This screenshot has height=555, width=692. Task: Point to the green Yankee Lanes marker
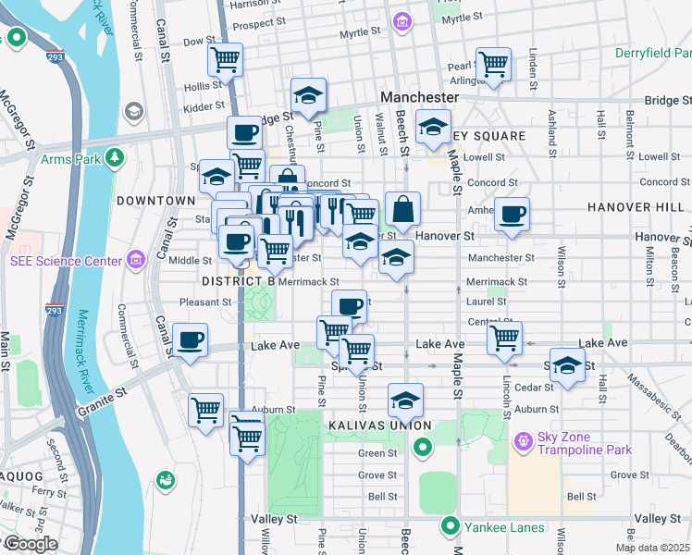tap(451, 526)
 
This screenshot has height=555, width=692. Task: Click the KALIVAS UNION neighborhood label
tap(379, 425)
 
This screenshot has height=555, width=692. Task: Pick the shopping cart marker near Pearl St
tap(493, 64)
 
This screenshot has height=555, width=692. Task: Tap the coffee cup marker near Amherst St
tap(511, 215)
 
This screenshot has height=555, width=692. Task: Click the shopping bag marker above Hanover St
tap(402, 209)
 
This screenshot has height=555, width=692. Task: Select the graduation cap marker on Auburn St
tap(405, 401)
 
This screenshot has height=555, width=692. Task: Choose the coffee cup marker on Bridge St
tap(244, 132)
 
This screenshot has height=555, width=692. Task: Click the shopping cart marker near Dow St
tap(226, 60)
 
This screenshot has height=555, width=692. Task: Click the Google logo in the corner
tap(31, 544)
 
